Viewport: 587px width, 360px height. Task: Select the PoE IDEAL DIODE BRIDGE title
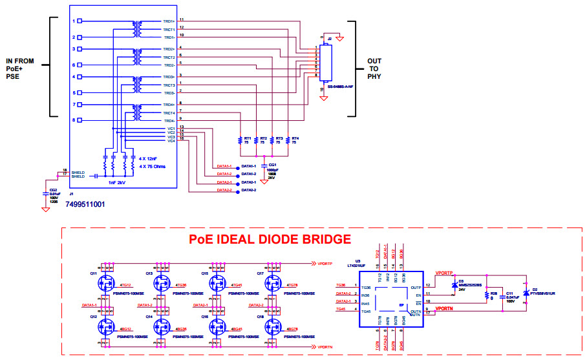(270, 240)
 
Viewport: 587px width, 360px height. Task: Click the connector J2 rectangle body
(325, 62)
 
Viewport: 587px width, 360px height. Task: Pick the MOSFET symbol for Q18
(272, 327)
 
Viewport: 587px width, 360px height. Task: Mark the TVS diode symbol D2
(526, 294)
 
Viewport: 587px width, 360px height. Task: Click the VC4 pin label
(171, 141)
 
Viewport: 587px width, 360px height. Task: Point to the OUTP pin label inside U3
(416, 288)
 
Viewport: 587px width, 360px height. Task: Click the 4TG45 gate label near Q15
(235, 285)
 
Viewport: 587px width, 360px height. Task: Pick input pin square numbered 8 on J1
(74, 120)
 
